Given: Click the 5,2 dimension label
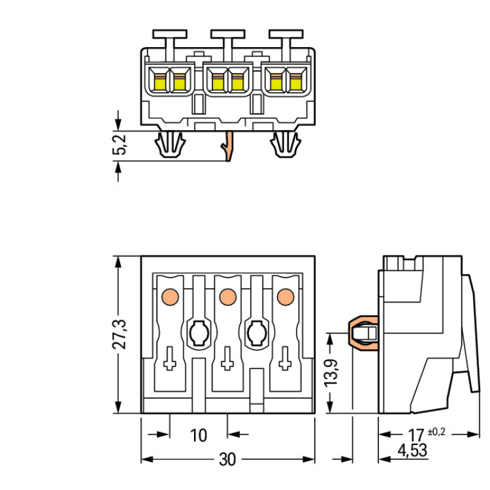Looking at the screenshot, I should click(120, 146).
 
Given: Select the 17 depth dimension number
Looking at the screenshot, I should click(416, 434).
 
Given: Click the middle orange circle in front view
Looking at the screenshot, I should click(227, 297).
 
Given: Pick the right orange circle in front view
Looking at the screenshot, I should click(284, 297).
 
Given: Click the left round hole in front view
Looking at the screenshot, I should click(198, 334).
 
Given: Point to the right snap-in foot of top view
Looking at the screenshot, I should click(285, 144).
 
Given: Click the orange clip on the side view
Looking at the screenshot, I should click(364, 334).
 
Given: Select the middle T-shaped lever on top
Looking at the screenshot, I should click(227, 35).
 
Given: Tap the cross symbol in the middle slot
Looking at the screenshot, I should click(227, 359).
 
